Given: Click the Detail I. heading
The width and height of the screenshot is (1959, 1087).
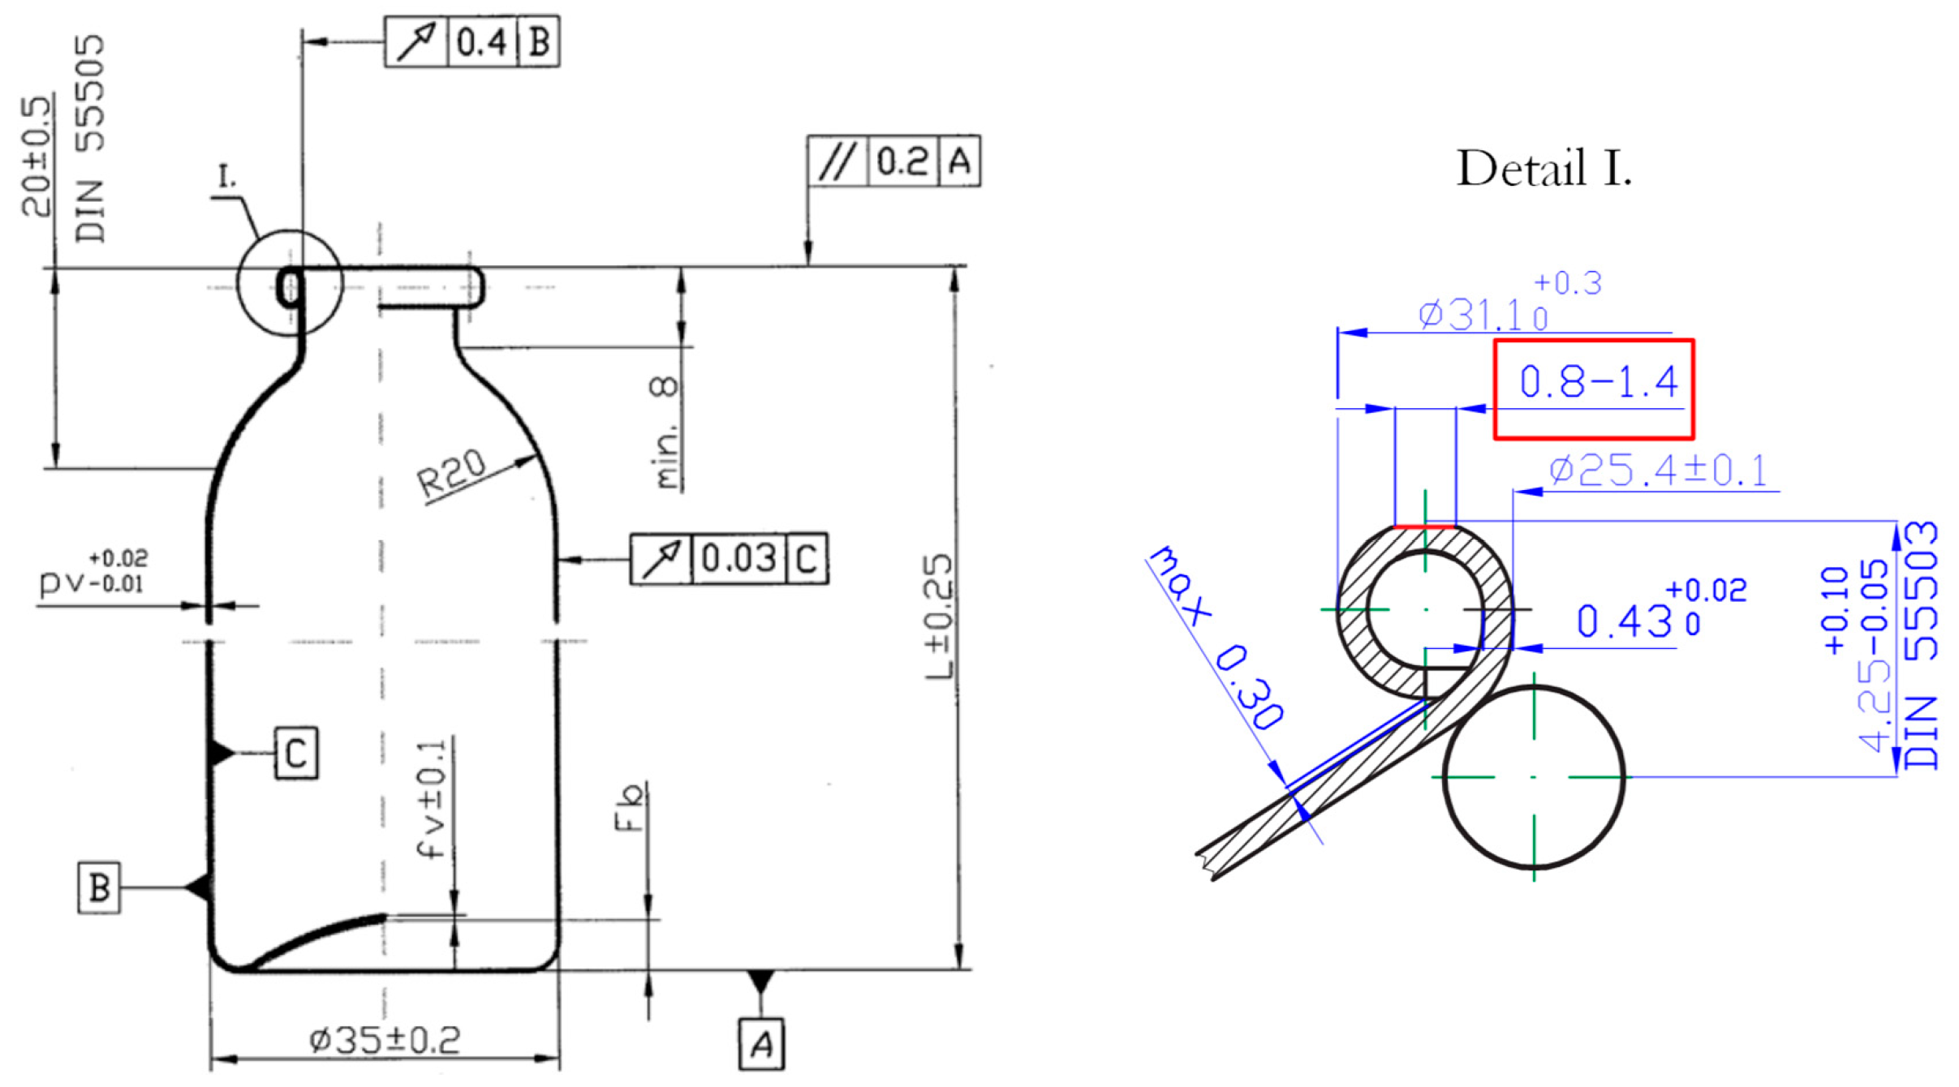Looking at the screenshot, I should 1543,169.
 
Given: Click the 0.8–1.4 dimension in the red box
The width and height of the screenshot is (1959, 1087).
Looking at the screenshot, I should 1597,382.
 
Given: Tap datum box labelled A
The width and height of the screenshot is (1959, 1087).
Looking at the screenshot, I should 760,1045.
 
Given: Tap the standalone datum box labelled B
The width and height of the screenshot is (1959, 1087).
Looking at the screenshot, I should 99,888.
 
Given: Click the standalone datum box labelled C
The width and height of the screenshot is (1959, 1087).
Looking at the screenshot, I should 296,754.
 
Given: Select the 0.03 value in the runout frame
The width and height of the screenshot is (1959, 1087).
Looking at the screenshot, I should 738,559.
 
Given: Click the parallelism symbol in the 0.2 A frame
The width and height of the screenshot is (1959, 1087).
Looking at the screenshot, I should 837,161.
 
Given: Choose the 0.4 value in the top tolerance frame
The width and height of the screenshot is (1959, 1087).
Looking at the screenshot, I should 481,42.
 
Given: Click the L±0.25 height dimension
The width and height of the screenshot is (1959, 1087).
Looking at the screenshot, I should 940,617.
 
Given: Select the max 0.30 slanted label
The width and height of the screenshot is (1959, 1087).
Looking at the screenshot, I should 1216,638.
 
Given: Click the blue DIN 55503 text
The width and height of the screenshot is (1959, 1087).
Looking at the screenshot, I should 1920,645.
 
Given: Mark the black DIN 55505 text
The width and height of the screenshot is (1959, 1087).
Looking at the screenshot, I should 90,138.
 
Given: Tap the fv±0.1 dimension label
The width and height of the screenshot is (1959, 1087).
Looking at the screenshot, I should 431,799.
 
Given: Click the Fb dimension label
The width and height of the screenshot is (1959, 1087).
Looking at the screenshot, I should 630,808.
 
